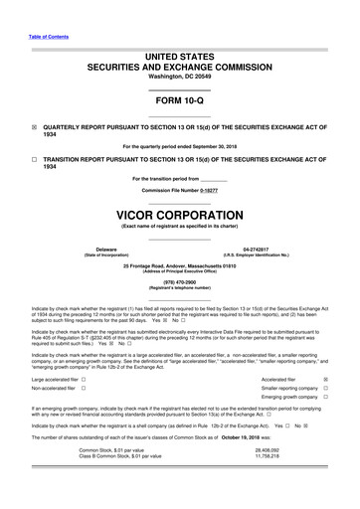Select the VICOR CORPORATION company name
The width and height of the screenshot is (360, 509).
coord(179,216)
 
